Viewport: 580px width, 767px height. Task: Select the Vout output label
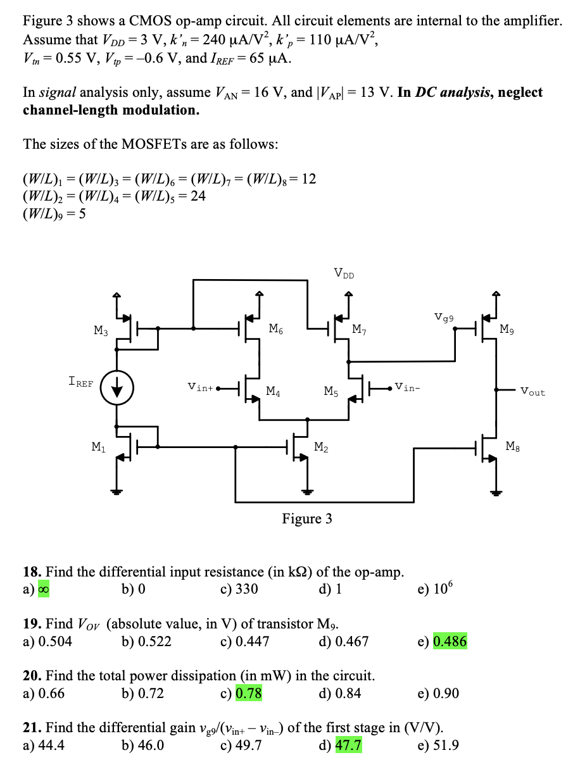point(533,392)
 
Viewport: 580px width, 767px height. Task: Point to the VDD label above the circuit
point(344,273)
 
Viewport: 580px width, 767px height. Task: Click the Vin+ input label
point(201,385)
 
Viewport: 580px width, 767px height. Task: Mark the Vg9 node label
point(444,316)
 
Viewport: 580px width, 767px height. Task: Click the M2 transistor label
point(322,447)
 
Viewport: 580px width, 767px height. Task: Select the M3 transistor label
point(101,330)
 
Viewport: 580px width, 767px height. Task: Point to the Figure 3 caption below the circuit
point(306,519)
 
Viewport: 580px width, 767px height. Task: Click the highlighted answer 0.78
point(249,694)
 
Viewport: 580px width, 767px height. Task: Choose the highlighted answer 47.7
point(348,745)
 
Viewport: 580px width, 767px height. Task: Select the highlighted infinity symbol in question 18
point(45,590)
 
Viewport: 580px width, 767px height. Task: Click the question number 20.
point(32,676)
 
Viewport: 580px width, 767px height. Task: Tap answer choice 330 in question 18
point(246,590)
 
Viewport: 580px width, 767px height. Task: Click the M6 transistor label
point(275,328)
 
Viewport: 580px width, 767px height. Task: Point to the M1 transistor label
point(99,447)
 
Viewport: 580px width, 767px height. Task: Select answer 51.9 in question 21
point(446,745)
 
